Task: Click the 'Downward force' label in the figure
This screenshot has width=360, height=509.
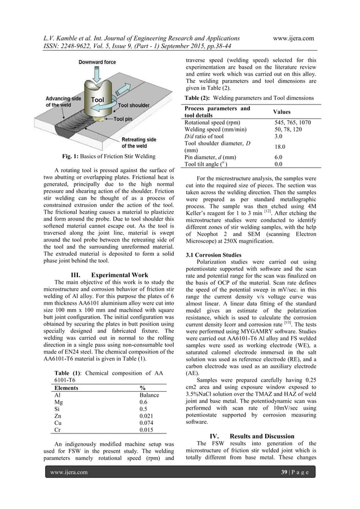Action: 98,63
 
